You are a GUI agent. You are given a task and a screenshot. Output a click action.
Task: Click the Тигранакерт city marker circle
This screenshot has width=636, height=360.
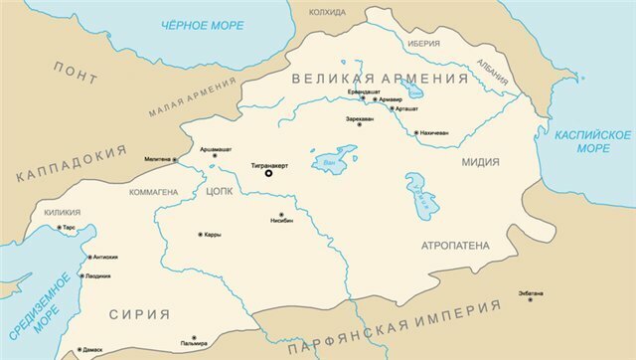pyautogui.click(x=267, y=173)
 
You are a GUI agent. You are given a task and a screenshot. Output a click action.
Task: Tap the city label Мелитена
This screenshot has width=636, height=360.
pyautogui.click(x=157, y=159)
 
